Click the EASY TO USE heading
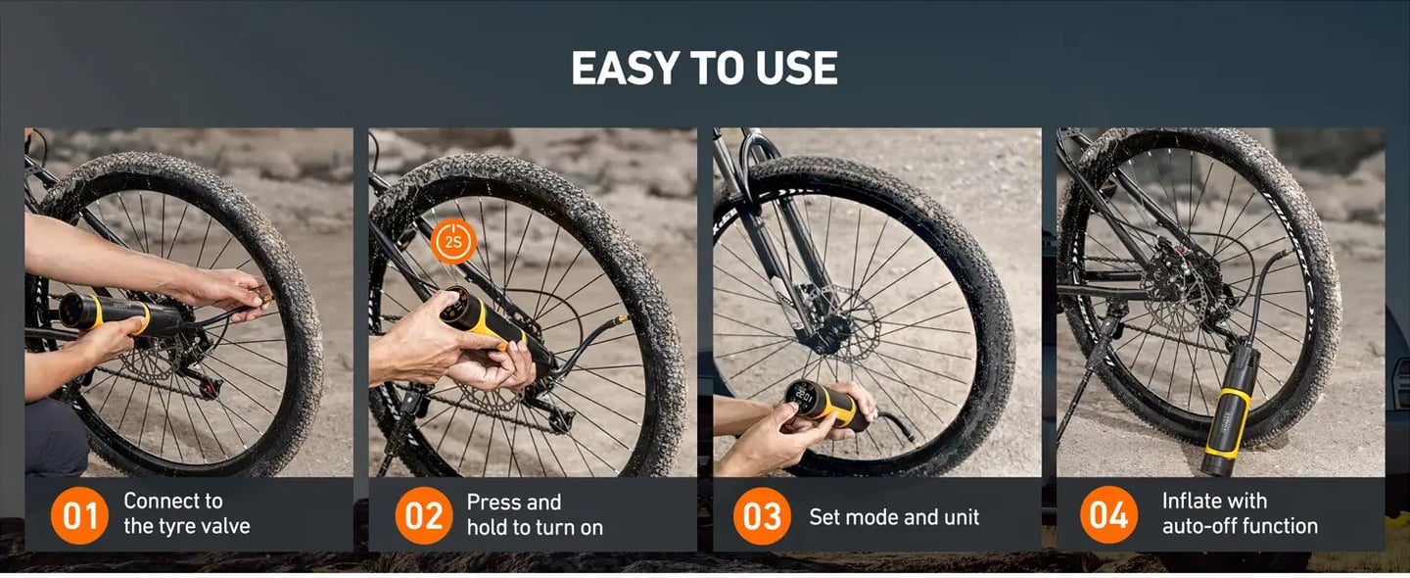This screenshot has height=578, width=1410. [704, 69]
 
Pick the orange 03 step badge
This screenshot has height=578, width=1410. [762, 515]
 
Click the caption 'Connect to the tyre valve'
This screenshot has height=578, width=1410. [186, 513]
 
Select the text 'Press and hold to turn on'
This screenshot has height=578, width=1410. [534, 514]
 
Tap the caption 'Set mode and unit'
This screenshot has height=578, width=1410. [893, 516]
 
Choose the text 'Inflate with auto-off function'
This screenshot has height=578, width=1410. [1239, 513]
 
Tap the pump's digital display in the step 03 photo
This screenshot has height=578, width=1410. [803, 396]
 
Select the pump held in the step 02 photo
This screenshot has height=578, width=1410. [480, 318]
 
